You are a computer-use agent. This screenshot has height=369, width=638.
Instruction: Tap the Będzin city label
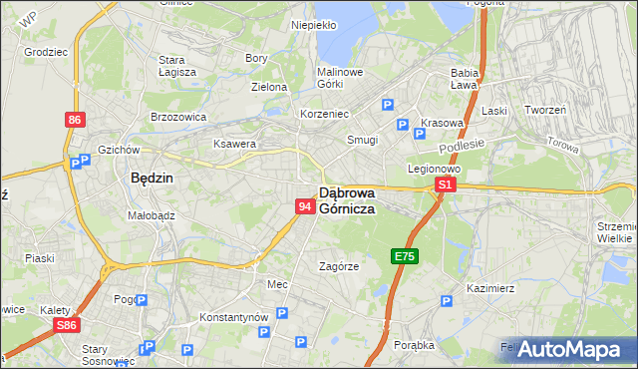(x=152, y=179)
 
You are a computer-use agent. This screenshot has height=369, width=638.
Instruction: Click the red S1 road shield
(x=446, y=184)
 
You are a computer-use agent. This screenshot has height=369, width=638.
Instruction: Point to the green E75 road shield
(x=404, y=256)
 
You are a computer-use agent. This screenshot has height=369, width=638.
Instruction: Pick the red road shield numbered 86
(x=75, y=120)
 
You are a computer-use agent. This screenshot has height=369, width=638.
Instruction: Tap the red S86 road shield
(x=67, y=326)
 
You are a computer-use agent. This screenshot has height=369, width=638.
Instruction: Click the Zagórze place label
(x=338, y=265)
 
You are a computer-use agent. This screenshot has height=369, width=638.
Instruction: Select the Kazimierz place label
(x=489, y=287)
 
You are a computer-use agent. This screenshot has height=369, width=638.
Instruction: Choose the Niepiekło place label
(x=313, y=24)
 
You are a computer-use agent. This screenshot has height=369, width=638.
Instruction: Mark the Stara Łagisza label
(x=177, y=65)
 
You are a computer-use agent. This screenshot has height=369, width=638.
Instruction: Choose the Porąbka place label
(x=413, y=345)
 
